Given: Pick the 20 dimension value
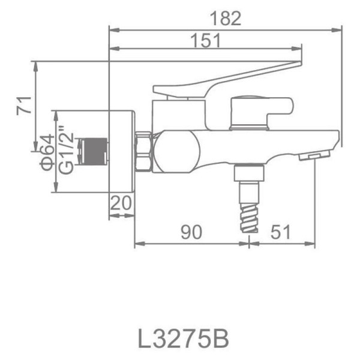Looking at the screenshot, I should pyautogui.click(x=122, y=204).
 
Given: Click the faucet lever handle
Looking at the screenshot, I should pyautogui.click(x=228, y=78).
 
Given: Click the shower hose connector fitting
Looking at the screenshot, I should pyautogui.click(x=247, y=176).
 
